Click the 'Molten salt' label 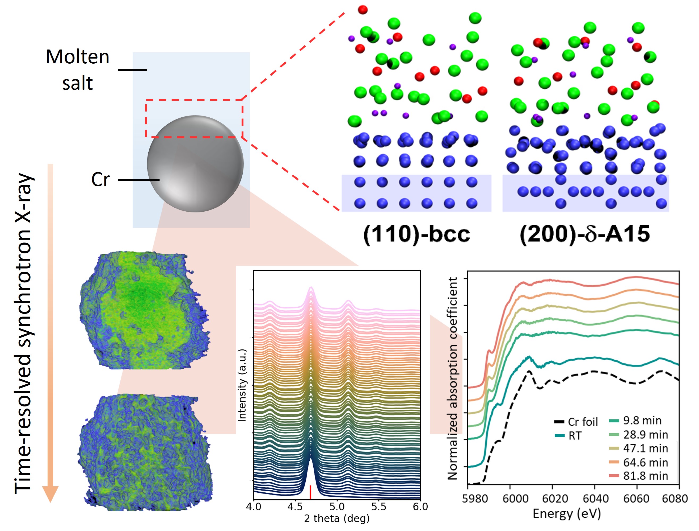77,70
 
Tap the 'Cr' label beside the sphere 100,179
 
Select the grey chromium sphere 195,164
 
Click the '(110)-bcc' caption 416,234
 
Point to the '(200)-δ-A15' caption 585,234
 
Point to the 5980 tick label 475,499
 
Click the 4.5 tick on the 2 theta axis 295,507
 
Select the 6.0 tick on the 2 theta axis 420,507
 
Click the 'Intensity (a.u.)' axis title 242,385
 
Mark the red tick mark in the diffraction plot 310,492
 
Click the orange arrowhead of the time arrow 50,494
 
